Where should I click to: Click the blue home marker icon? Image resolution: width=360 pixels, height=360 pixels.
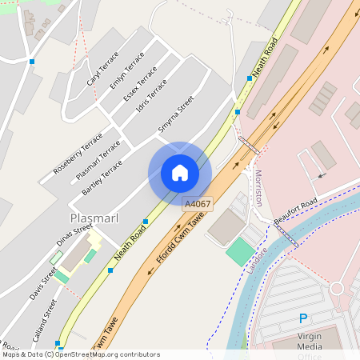tap(180, 173)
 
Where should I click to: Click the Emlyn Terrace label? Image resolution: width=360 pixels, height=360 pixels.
tap(126, 72)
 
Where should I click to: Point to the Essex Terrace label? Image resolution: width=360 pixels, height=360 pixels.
tap(141, 83)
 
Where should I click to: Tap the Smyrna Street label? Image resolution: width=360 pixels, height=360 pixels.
tap(176, 114)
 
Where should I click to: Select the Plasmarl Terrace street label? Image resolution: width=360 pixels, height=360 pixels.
tap(98, 160)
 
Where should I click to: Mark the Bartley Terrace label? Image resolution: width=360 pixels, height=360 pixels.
tap(102, 178)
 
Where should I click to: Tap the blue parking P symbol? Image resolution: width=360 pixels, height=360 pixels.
tap(303, 318)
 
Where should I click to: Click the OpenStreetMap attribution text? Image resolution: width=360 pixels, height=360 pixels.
tap(81, 354)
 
